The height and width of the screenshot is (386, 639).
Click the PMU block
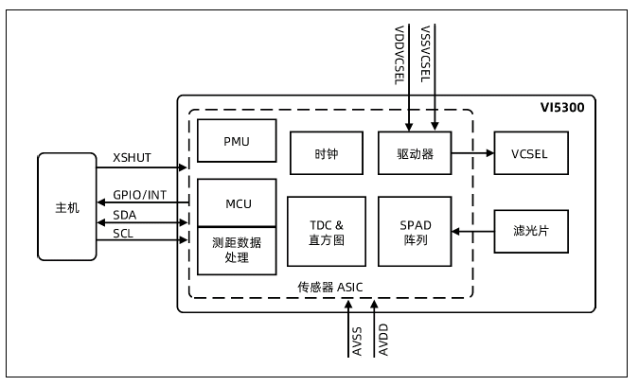click(236, 141)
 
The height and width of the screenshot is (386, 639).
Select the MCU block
click(236, 202)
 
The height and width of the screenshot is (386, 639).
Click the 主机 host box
click(67, 206)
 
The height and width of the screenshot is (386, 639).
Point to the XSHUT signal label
click(132, 159)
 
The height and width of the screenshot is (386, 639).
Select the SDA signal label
click(124, 215)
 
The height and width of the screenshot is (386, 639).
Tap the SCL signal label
click(123, 233)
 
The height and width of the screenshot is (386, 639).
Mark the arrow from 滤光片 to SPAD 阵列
click(473, 230)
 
